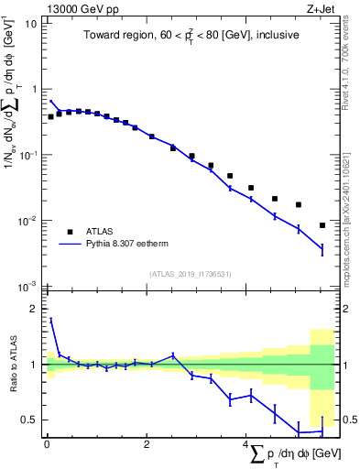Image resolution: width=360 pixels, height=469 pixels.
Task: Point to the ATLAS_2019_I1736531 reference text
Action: [188, 274]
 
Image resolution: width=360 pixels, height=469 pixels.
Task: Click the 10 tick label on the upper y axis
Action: [30, 23]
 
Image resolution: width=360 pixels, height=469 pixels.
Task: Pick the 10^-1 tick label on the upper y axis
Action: [27, 155]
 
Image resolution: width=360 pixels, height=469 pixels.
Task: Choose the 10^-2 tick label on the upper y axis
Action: [27, 221]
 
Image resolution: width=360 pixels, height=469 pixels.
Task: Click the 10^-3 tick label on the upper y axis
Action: [27, 287]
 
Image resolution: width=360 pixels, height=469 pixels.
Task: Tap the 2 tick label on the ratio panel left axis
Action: [34, 309]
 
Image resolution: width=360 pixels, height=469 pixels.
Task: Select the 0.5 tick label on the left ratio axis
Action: [29, 420]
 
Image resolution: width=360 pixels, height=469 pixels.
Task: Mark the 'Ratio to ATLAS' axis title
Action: [12, 365]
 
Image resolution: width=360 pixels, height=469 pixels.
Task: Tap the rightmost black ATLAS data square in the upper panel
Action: [322, 225]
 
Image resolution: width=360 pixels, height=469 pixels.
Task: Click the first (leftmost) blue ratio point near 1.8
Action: [51, 320]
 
